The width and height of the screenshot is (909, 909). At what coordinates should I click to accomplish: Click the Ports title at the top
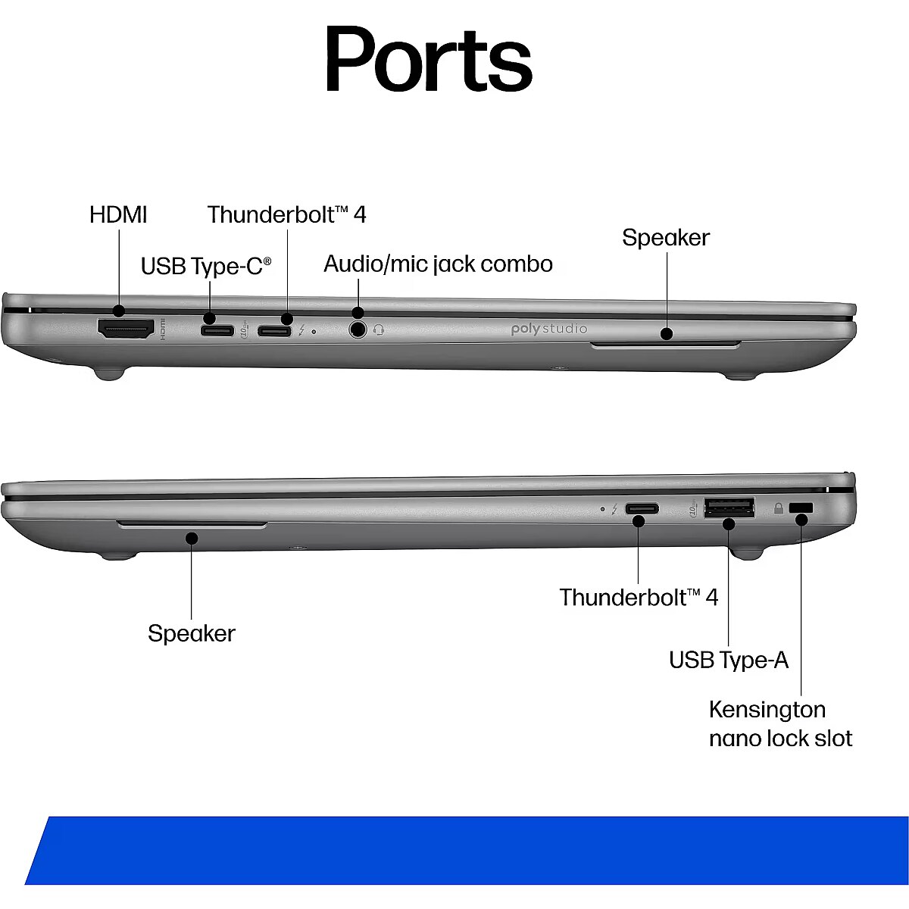click(429, 59)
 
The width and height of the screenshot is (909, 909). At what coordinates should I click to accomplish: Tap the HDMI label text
click(118, 215)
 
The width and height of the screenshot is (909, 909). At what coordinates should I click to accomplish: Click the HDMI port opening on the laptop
click(126, 329)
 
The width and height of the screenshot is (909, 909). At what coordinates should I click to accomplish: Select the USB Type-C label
click(206, 266)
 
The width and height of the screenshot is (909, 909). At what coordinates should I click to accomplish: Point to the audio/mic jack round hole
click(358, 330)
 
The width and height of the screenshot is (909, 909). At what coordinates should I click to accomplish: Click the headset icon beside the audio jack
click(378, 330)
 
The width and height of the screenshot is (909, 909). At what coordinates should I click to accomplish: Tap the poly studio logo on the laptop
click(549, 329)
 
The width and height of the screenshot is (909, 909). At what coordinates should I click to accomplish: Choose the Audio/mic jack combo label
click(439, 264)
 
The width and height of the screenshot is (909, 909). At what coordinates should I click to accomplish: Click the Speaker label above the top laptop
click(666, 237)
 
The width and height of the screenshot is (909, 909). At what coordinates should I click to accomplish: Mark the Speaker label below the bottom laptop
click(192, 633)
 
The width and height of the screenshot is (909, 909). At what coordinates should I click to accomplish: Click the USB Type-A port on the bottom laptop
click(729, 508)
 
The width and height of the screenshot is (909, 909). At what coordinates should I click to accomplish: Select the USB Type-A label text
click(729, 660)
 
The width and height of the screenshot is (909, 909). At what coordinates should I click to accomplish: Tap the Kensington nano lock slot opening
click(801, 508)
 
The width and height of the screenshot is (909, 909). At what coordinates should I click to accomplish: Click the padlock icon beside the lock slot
click(779, 508)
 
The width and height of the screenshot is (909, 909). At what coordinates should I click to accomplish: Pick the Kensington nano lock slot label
click(781, 737)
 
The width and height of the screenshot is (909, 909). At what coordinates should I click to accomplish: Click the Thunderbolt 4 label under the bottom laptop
click(639, 598)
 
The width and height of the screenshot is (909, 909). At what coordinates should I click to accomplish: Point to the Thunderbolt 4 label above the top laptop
click(287, 215)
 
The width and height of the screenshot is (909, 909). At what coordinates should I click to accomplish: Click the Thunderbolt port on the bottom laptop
click(642, 509)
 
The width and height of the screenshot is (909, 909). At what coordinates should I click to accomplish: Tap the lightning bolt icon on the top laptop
click(302, 330)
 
